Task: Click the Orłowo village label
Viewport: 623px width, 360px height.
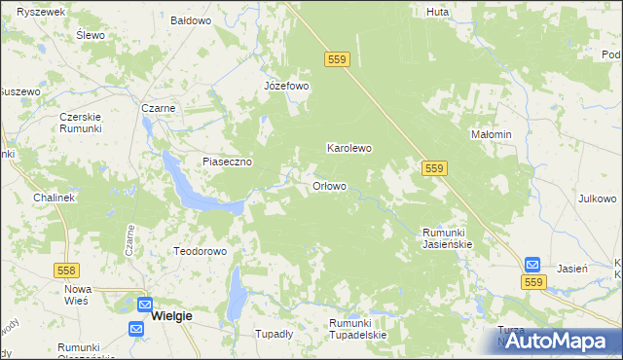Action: tap(329, 186)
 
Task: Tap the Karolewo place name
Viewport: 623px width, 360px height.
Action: tap(348, 149)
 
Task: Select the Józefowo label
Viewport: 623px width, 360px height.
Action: tap(286, 86)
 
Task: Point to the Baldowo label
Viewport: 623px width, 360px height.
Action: tap(191, 19)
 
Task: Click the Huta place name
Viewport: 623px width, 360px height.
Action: tap(437, 13)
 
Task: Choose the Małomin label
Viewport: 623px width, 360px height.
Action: tap(491, 134)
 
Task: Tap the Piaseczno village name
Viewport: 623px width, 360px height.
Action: tap(228, 162)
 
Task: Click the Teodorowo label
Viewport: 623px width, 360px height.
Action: tap(200, 251)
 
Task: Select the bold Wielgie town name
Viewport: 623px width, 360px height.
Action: tap(171, 316)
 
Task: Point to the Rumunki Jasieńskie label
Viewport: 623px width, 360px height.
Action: tap(447, 238)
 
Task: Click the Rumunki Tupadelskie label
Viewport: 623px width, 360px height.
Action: tap(357, 328)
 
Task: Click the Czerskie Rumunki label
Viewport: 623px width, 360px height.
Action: tap(82, 123)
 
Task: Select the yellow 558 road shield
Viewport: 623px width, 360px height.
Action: tap(67, 269)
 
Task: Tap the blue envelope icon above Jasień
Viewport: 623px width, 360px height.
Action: tap(532, 264)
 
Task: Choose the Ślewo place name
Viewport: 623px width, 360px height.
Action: tap(90, 34)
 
